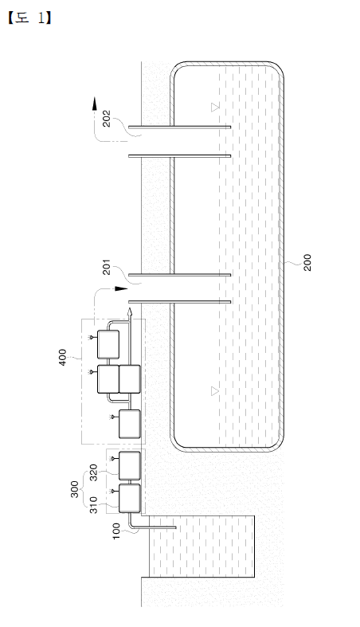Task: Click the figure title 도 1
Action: point(29,18)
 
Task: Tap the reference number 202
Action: point(107,119)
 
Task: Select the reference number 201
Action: point(107,267)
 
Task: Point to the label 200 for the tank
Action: point(307,262)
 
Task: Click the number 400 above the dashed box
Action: point(63,358)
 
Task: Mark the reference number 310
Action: point(92,505)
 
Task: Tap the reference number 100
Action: point(115,531)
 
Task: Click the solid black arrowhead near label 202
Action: point(95,103)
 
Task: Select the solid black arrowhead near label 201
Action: point(121,288)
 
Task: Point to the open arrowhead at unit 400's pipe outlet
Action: point(130,312)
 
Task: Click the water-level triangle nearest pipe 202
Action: point(215,107)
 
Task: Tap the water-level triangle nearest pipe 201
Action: point(215,391)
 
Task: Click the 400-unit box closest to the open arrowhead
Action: point(108,344)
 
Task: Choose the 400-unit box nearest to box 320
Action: point(131,424)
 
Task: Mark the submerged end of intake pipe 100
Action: point(175,527)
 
